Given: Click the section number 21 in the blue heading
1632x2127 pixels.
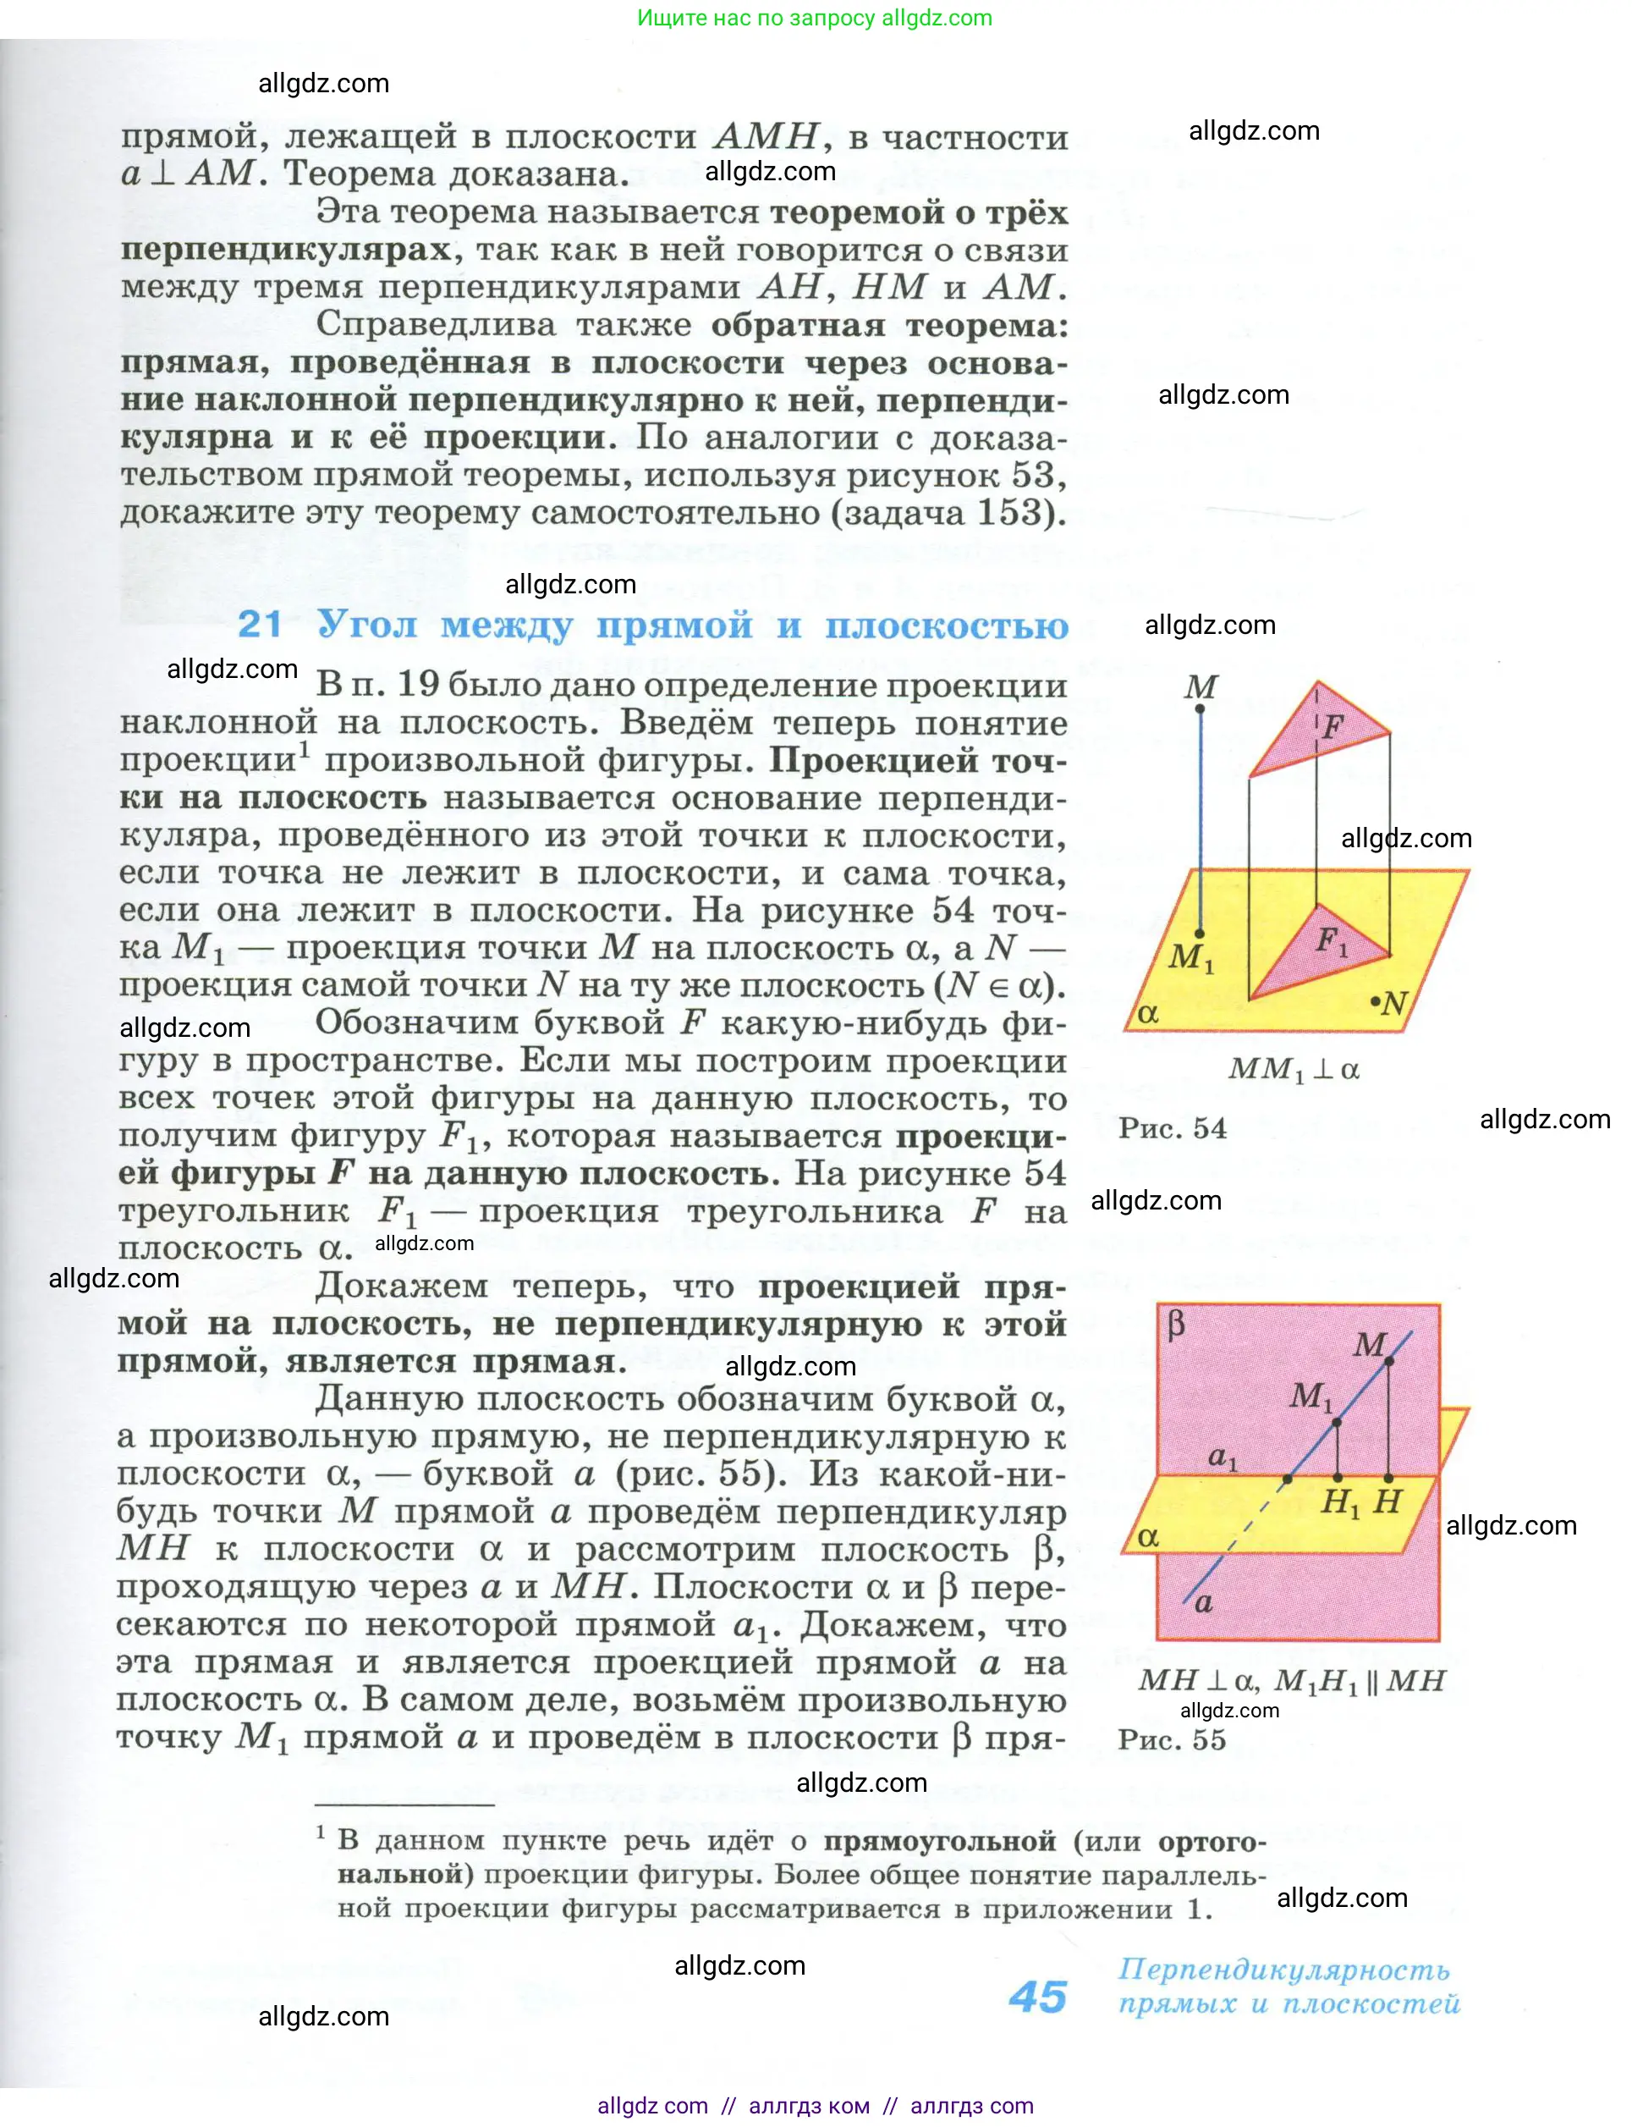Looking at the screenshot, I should point(260,624).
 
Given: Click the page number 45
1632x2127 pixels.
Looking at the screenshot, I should point(1037,1998).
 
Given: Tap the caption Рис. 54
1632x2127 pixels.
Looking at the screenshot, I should point(1172,1128).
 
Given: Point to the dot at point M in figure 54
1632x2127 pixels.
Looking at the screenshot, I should point(1200,709).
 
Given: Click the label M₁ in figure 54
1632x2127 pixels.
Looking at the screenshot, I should point(1190,957).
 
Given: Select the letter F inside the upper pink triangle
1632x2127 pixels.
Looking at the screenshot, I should point(1333,726).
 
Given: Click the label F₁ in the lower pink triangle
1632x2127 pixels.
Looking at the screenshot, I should point(1331,940).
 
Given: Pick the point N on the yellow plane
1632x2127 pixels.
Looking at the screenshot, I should point(1376,1000).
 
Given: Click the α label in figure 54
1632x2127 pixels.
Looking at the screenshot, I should point(1148,1013).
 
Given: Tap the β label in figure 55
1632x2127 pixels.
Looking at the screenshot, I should point(1176,1325).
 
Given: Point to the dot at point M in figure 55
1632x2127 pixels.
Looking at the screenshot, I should point(1389,1361).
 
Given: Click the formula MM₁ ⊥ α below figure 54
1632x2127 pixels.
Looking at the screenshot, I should point(1293,1070).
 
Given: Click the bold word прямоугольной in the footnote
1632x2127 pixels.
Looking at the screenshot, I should point(939,1840).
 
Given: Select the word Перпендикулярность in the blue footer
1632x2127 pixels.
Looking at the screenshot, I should point(1283,1970).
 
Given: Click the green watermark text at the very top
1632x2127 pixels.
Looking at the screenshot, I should point(814,18).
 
